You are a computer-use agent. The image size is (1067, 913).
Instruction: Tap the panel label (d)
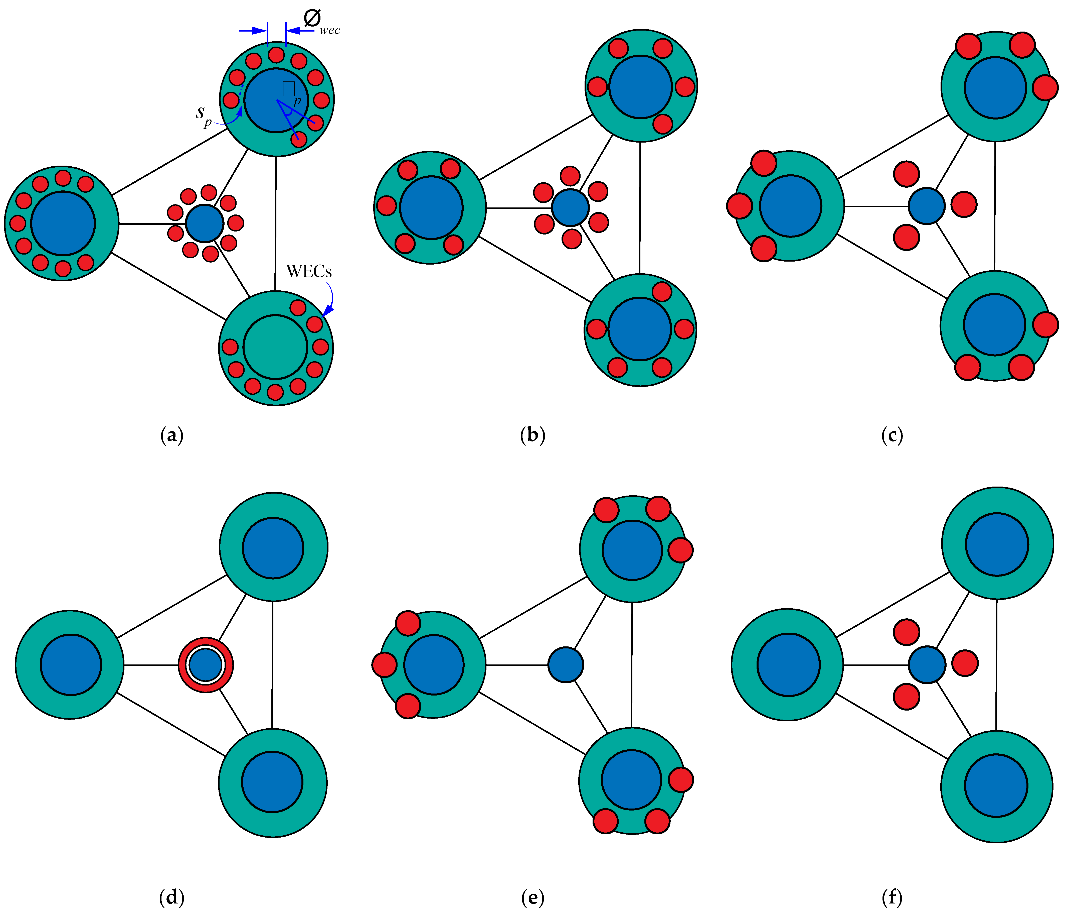click(172, 897)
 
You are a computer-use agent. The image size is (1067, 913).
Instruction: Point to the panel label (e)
click(532, 897)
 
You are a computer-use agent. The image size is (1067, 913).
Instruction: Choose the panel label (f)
click(892, 897)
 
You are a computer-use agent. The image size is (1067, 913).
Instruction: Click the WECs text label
click(309, 272)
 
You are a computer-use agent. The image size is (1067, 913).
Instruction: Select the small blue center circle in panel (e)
click(566, 665)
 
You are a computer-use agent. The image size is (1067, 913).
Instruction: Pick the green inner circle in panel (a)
click(275, 347)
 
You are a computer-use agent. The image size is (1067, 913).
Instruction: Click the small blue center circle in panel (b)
click(570, 208)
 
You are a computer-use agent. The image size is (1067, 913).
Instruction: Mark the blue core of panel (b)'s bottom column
click(640, 329)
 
